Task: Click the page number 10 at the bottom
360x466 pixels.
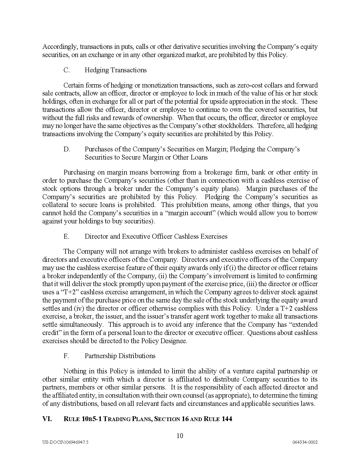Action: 180,436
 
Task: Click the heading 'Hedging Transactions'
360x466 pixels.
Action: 115,70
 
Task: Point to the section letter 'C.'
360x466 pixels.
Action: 67,70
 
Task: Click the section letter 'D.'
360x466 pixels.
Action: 67,149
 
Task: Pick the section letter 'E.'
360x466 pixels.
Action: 66,236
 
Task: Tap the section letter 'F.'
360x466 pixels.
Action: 66,356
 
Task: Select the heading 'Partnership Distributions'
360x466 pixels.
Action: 120,356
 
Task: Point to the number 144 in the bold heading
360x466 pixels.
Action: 227,419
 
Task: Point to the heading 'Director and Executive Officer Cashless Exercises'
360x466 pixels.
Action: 156,236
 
